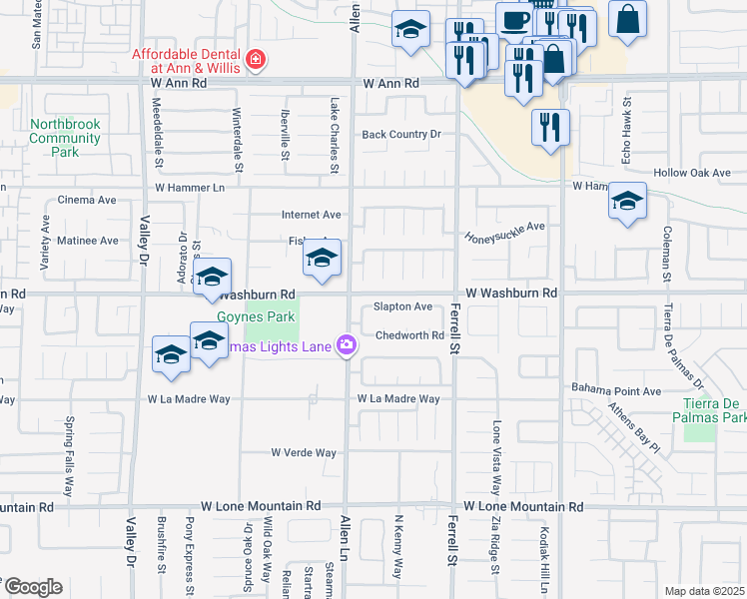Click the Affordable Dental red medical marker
[x=256, y=60]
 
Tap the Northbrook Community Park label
[x=66, y=138]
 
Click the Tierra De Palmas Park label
[x=709, y=411]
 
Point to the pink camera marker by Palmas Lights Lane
[x=347, y=344]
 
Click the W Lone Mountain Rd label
[x=261, y=507]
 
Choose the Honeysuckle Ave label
[x=505, y=232]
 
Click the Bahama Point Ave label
[x=616, y=390]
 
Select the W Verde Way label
[x=304, y=452]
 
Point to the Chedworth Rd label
[x=409, y=336]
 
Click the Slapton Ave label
[x=402, y=307]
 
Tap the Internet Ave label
[x=312, y=215]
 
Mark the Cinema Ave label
[x=87, y=200]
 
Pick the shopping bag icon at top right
[x=627, y=19]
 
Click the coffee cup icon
[x=515, y=20]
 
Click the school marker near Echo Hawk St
[x=627, y=203]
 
